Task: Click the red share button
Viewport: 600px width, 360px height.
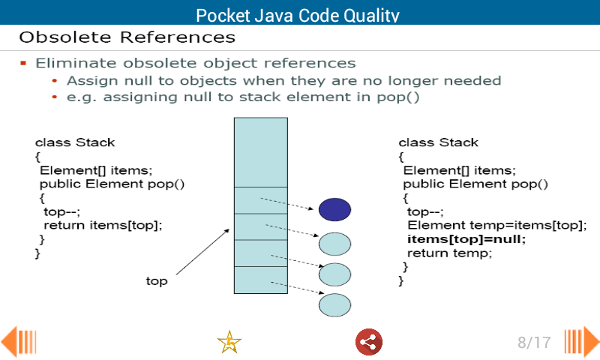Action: tap(368, 342)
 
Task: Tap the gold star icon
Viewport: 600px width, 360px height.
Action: tap(229, 342)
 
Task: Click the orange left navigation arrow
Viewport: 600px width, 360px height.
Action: tap(18, 342)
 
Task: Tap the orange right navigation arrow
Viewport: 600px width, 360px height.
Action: tap(582, 342)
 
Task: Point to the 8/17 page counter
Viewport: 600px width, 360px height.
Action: tap(534, 343)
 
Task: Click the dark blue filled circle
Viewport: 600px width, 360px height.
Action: tap(334, 209)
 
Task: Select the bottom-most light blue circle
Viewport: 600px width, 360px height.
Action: tap(334, 304)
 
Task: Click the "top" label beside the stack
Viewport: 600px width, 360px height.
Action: tap(156, 281)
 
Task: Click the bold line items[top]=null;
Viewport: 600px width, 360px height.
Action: tap(466, 239)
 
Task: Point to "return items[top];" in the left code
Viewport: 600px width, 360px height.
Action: tap(103, 224)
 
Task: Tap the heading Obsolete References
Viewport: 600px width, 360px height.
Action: tap(127, 37)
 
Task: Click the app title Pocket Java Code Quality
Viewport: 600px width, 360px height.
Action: tap(297, 15)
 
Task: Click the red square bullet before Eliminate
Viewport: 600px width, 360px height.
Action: tap(23, 63)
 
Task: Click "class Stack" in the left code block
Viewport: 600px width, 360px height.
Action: tap(75, 142)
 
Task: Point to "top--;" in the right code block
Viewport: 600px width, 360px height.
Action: tap(425, 211)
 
